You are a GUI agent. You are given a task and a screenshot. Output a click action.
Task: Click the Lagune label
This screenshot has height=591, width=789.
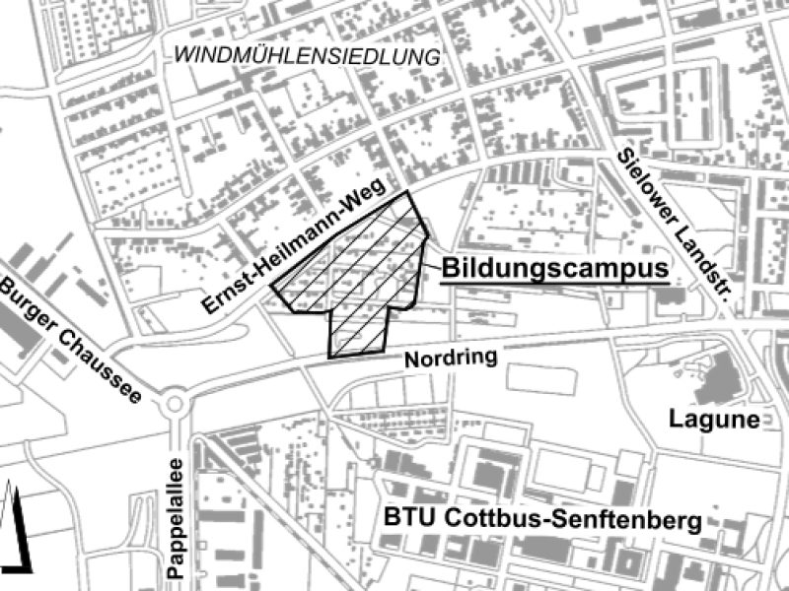tap(727, 421)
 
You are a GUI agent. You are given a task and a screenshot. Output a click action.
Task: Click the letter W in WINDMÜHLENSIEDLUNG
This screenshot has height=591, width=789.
tap(183, 56)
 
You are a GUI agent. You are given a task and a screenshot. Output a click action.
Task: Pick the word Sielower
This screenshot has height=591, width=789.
tap(647, 196)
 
